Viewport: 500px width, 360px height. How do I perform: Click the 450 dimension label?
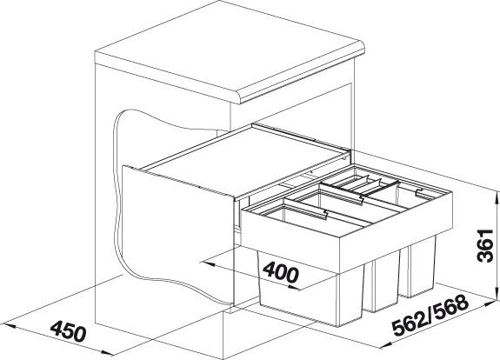69,331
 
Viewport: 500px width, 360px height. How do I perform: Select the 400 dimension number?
281,272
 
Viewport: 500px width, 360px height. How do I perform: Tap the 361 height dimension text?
484,245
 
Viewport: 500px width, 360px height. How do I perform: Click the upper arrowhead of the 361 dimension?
497,197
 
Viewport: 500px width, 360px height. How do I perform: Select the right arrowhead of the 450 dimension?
107,353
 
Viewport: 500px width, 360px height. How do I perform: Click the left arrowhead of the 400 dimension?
206,264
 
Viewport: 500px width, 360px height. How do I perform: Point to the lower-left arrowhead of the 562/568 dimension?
385,345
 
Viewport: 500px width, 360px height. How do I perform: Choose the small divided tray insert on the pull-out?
360,185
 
